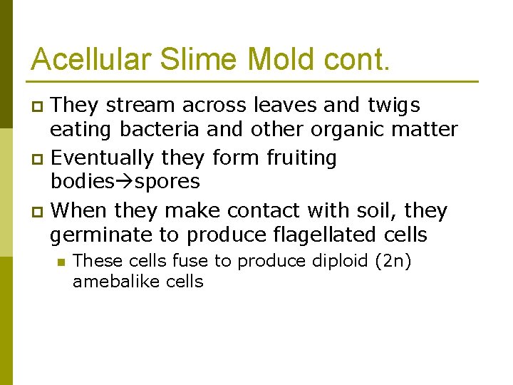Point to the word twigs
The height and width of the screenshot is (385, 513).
(394, 106)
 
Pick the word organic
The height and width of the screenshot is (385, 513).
(357, 130)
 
